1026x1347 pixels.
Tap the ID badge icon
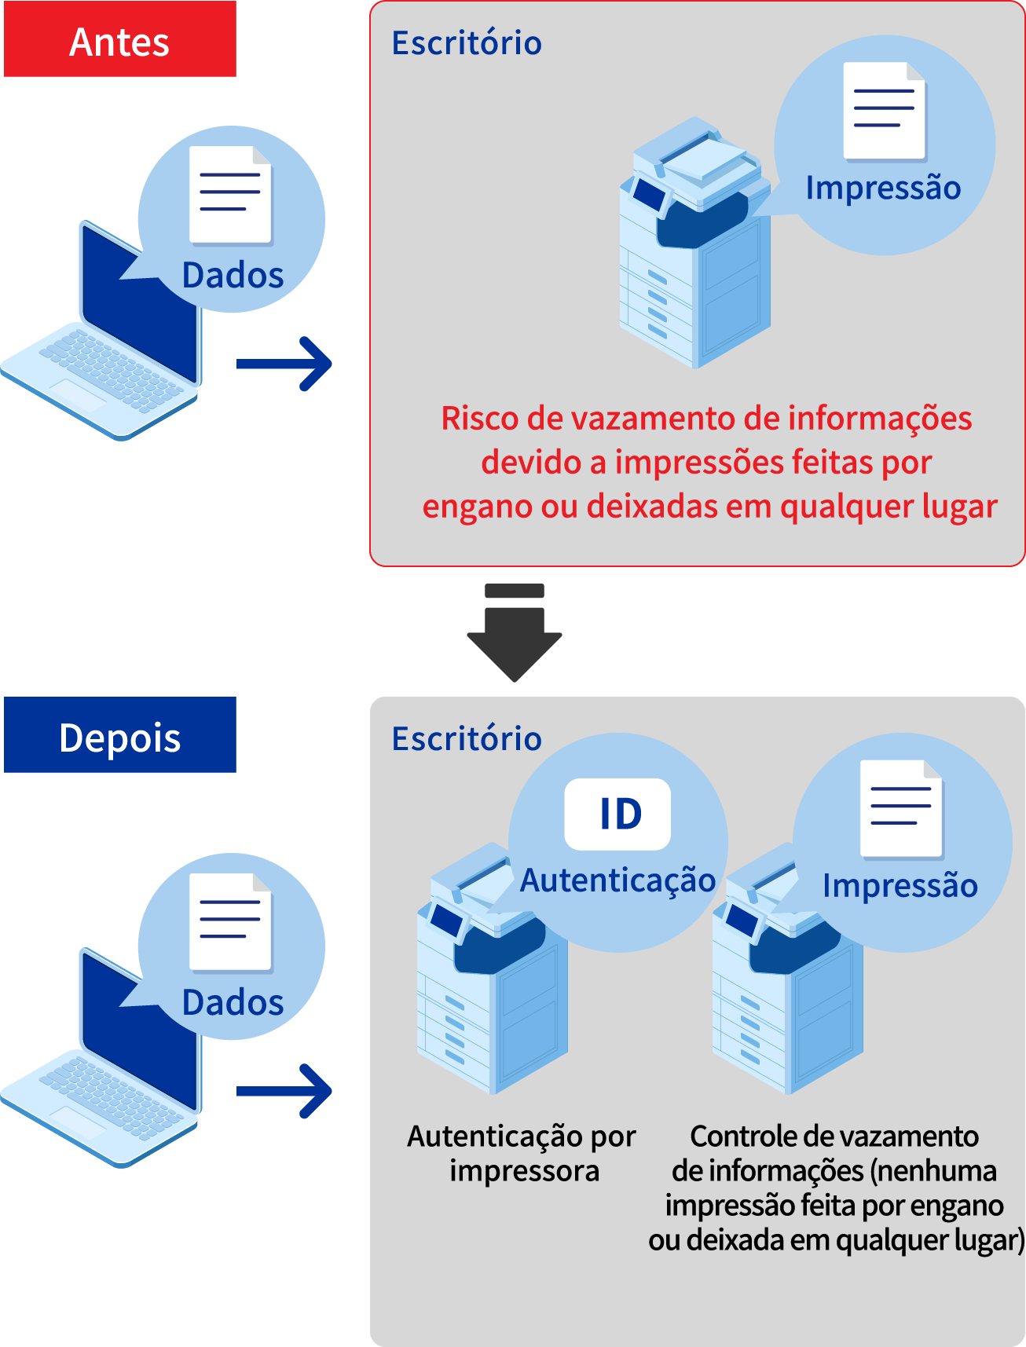click(618, 814)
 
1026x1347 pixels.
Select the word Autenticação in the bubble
click(617, 880)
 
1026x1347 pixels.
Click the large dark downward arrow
click(515, 636)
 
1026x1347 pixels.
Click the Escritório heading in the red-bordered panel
click(467, 43)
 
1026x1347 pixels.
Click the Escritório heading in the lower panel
click(467, 739)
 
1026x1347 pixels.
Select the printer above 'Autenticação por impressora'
click(491, 982)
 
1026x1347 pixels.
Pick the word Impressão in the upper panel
click(883, 189)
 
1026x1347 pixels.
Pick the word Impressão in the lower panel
click(900, 885)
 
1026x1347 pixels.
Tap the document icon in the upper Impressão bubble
click(885, 110)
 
